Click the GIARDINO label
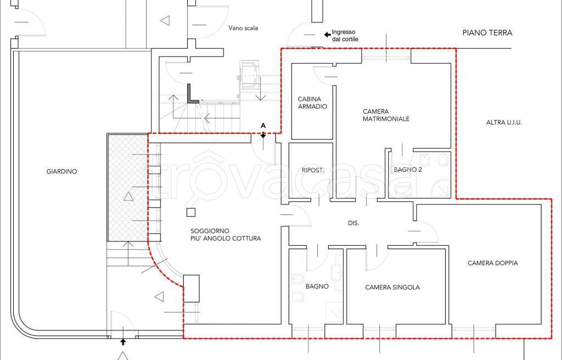tap(61, 171)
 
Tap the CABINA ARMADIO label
tap(312, 103)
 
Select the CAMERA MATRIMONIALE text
tap(386, 115)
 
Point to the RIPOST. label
tap(313, 170)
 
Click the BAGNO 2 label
tap(408, 170)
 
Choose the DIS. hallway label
tap(353, 223)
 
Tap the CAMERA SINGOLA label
tap(392, 287)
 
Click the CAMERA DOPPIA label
tap(492, 263)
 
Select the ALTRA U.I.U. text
tap(504, 122)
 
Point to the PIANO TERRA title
tap(487, 32)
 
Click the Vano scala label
tap(243, 28)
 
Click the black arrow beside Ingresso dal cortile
tap(327, 35)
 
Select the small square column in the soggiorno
tap(191, 212)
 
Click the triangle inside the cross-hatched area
tap(128, 196)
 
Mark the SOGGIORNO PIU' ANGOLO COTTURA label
tap(226, 234)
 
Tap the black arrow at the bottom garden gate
tap(123, 342)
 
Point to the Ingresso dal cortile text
tap(345, 36)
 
